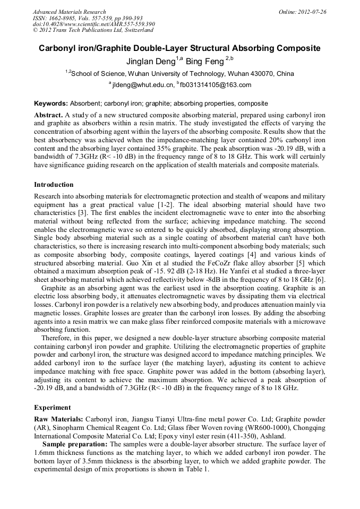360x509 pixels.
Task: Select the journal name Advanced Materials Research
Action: tap(69, 12)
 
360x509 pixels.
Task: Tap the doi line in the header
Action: tap(93, 24)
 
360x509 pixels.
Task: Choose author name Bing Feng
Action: tap(204, 62)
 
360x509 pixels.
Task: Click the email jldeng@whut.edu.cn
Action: tap(143, 85)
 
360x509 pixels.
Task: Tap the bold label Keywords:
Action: tap(51, 103)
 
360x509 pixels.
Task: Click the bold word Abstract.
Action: tap(48, 115)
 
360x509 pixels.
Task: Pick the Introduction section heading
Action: tap(54, 185)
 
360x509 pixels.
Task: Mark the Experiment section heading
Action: tap(53, 408)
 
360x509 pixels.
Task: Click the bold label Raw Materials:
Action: tap(58, 419)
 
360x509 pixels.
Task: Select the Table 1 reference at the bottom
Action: tap(198, 469)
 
